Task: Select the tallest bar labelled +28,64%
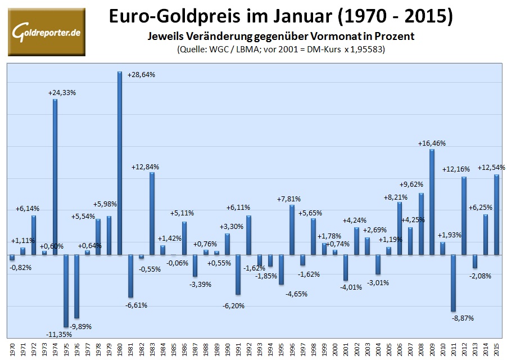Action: pos(120,163)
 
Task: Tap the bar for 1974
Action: pos(55,177)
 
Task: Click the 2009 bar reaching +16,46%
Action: pos(432,202)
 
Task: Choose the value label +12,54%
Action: pos(491,167)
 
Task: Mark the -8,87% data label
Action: pos(463,318)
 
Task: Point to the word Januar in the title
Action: pos(271,16)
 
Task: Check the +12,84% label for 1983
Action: pos(145,167)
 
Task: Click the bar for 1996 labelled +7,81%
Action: pos(292,229)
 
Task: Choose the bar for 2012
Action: pos(464,215)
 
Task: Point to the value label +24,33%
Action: pos(62,93)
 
